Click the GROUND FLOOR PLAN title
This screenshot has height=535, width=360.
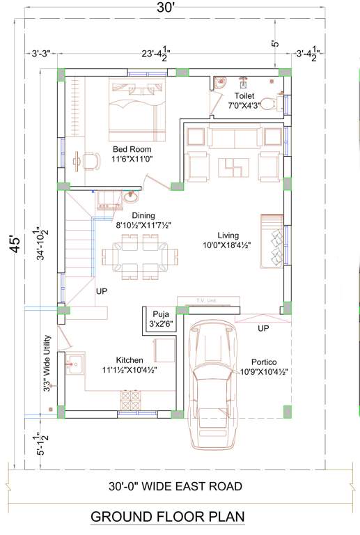[x=167, y=517]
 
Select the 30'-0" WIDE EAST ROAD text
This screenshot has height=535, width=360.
[x=175, y=486]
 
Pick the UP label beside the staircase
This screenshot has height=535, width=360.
[x=101, y=291]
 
